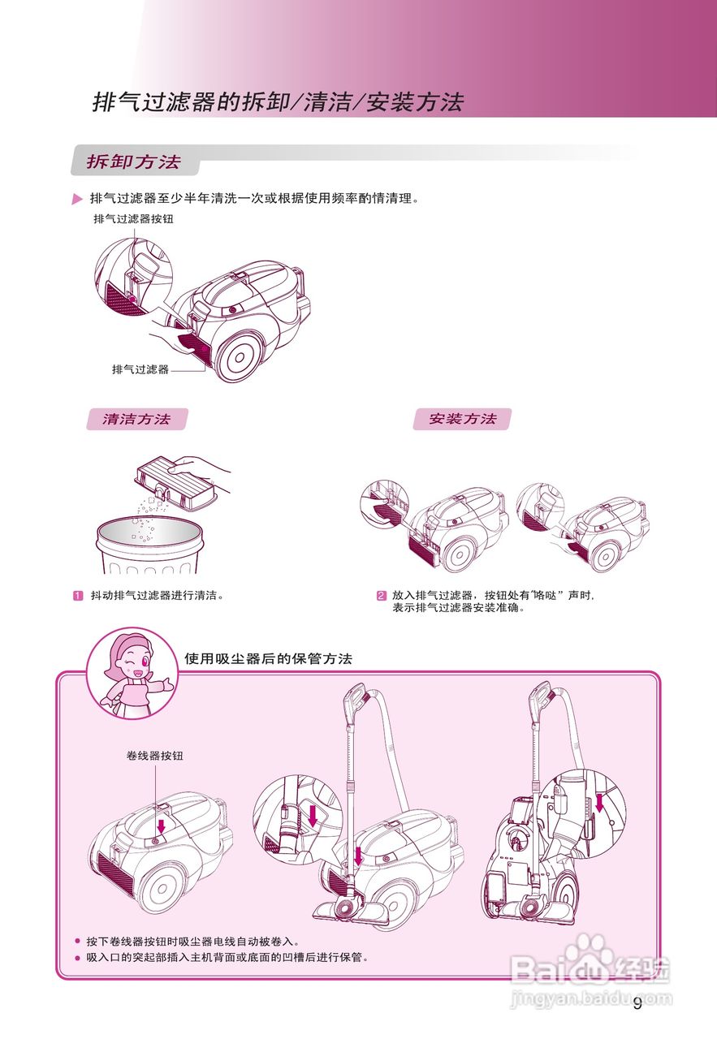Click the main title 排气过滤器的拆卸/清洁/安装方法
[x=278, y=103]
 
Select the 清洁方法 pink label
[x=136, y=420]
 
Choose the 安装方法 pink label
[x=462, y=420]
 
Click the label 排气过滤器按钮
[x=134, y=219]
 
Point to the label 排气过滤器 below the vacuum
[x=140, y=369]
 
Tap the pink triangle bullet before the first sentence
[x=77, y=200]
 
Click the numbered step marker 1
[x=79, y=596]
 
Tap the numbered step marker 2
[x=381, y=596]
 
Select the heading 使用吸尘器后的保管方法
[x=268, y=658]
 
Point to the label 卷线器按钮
[x=155, y=756]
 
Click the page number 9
[x=637, y=1003]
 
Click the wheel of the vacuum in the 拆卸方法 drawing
[x=240, y=356]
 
